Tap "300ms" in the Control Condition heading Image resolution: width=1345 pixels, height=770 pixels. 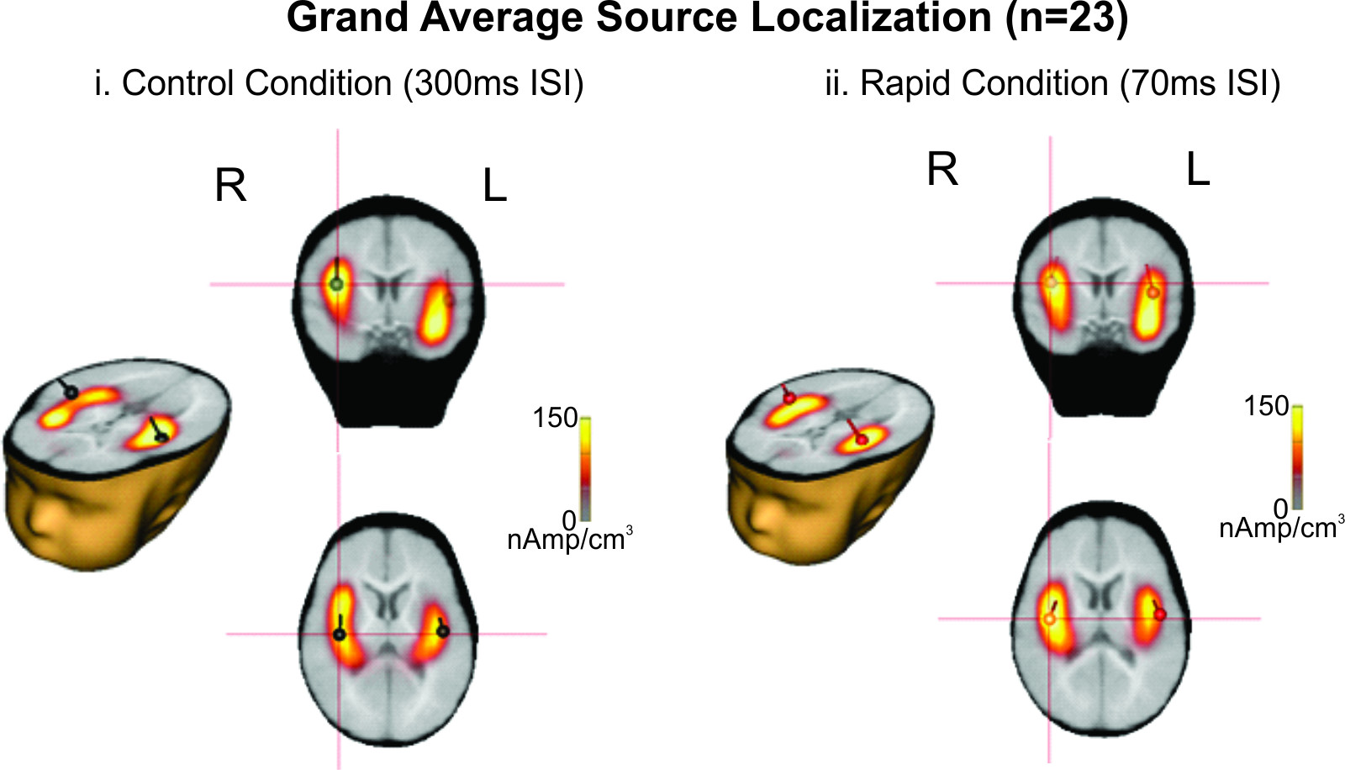446,84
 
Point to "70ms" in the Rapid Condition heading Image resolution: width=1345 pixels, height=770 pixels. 1158,84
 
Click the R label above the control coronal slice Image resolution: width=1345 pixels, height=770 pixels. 230,186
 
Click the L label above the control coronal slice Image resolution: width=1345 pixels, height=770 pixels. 494,186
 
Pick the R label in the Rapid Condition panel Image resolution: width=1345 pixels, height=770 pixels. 942,170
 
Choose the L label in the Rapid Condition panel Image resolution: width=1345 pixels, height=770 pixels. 1198,171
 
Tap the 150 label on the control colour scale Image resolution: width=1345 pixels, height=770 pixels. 555,418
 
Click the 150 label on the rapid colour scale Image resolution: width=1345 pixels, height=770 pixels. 1266,406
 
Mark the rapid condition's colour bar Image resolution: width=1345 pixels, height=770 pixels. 1297,457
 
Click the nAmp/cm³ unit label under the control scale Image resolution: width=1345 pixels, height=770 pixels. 569,539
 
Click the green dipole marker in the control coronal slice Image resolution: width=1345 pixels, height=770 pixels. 337,285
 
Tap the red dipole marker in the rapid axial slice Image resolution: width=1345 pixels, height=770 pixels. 1160,614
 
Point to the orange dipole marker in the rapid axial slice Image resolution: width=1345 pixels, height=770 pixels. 1048,619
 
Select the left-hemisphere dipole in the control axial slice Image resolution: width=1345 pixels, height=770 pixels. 443,631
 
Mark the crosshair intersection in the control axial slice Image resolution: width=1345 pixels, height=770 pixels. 339,634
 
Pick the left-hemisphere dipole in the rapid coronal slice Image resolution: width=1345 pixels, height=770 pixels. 1153,292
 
